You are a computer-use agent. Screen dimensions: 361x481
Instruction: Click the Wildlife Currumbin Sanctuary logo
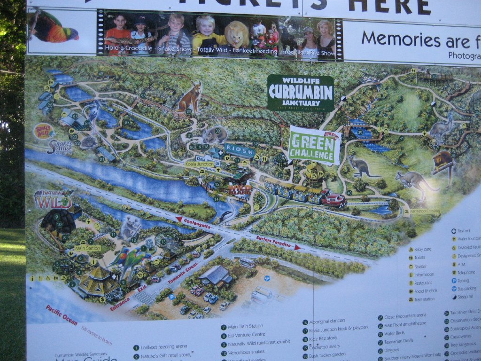coord(300,92)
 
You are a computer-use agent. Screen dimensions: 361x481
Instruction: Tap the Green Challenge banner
coord(314,144)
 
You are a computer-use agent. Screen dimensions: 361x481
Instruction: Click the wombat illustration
coord(215,135)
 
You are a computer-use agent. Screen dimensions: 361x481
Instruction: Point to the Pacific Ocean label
coord(61,315)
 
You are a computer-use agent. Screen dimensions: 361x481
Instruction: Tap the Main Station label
coord(87,248)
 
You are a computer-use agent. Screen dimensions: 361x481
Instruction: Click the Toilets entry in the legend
coord(419,258)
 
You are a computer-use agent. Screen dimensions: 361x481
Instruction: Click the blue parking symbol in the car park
coord(172,297)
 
